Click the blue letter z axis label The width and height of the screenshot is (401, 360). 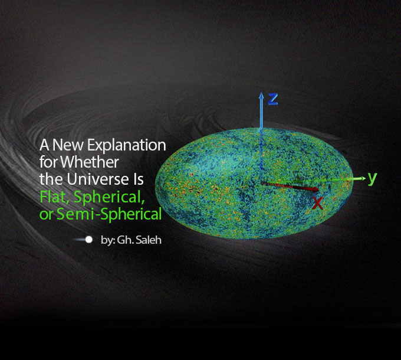(272, 99)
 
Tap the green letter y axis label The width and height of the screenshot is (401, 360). (372, 177)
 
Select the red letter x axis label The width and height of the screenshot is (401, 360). (318, 204)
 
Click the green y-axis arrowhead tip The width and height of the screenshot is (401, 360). (361, 177)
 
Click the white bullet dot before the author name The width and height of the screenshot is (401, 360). (89, 240)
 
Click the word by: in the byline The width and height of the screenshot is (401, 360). (108, 240)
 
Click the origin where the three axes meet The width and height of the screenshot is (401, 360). (261, 183)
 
